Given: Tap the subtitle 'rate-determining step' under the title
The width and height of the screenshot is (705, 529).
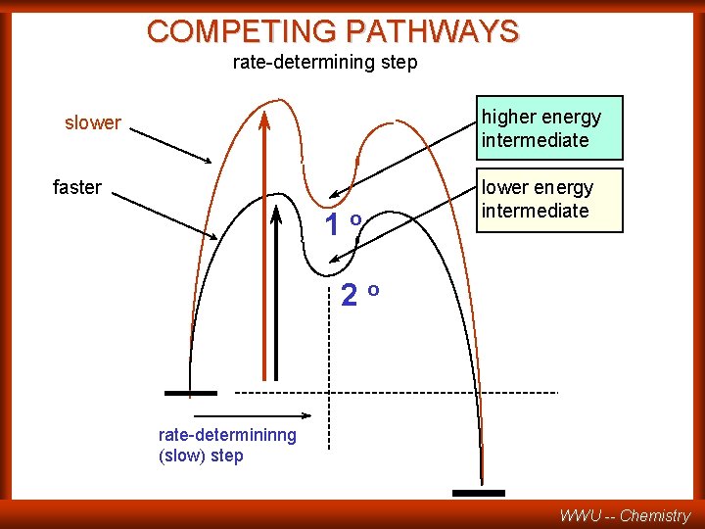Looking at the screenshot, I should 324,63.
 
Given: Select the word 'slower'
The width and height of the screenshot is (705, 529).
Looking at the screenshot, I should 93,123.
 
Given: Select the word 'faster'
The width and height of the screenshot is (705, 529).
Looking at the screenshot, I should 77,187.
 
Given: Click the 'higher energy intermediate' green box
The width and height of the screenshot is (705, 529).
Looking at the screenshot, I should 549,128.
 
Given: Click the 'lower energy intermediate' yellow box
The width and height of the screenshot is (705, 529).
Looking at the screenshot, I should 549,200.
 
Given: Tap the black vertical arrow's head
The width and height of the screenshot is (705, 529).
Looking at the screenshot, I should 277,212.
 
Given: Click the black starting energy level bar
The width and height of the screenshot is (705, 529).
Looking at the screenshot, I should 191,393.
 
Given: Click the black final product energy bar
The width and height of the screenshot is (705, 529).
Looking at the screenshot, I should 479,492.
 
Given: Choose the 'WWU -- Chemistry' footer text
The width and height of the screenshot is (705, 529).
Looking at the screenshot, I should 625,515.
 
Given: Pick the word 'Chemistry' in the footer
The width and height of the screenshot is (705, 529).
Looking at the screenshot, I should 655,515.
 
